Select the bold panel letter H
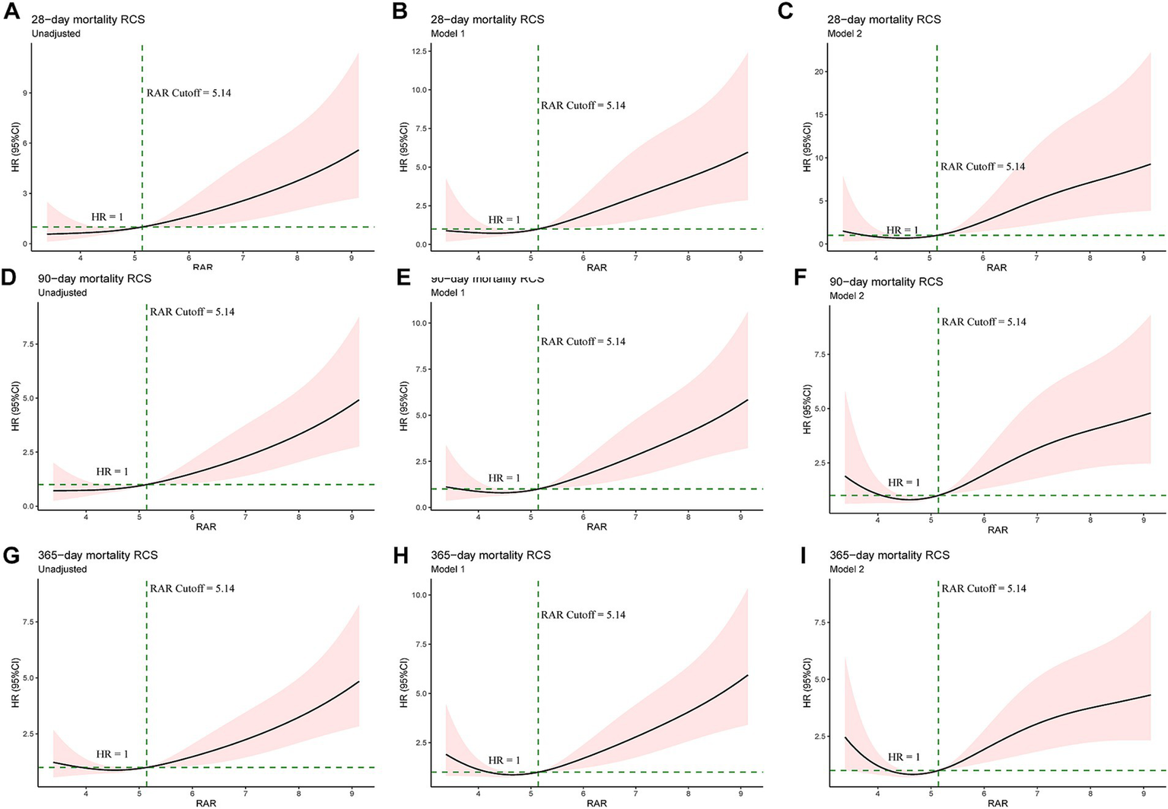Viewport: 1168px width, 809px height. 399,556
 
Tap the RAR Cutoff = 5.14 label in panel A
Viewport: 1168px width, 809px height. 188,93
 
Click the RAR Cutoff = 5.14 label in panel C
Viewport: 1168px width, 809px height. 982,166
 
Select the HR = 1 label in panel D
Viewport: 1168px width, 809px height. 112,472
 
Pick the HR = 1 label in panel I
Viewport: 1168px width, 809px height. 903,757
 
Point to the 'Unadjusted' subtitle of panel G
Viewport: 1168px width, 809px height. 62,569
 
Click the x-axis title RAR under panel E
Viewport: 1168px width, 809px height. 597,526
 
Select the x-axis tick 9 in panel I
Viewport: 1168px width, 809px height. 1144,791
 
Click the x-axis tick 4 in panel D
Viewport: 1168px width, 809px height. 86,517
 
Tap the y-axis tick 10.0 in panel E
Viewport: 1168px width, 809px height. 417,323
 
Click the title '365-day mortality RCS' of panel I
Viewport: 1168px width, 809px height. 889,555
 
